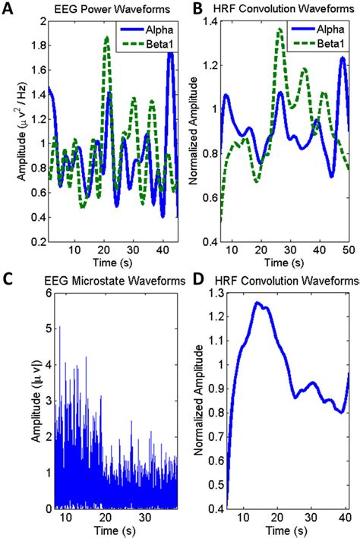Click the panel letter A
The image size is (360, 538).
click(9, 10)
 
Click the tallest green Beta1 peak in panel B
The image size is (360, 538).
click(279, 30)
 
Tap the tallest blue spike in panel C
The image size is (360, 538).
click(59, 327)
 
